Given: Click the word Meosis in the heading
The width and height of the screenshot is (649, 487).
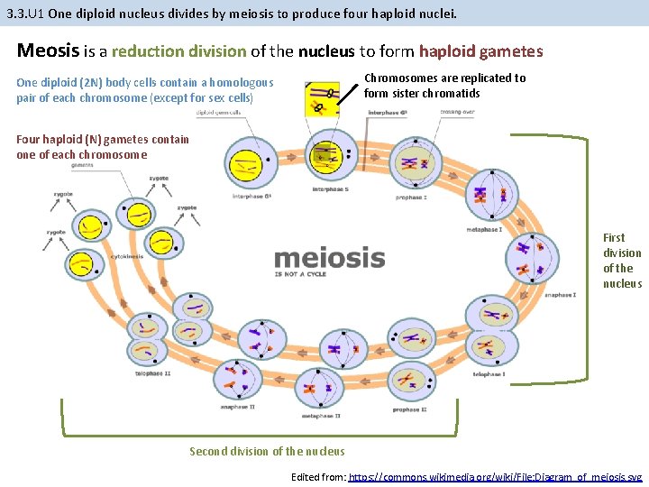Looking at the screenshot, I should tap(49, 51).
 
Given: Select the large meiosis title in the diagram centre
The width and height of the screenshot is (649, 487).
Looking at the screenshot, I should tap(329, 258).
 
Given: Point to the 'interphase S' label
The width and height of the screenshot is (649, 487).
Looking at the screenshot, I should tap(331, 189).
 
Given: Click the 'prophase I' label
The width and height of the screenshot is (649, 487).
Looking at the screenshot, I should tap(410, 197).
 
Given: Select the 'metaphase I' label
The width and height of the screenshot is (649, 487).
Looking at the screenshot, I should tap(484, 229).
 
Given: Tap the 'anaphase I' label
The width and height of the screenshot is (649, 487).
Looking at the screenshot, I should tap(560, 294).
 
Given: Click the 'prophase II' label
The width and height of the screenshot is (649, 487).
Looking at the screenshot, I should tap(407, 409).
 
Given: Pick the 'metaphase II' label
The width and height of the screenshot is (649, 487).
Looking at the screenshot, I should tap(321, 416).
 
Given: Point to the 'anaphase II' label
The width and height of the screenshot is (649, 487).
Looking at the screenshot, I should tap(237, 407).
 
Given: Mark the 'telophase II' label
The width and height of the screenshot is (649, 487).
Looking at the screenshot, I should tap(153, 372).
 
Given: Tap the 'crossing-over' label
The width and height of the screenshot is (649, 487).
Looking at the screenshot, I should tap(458, 113).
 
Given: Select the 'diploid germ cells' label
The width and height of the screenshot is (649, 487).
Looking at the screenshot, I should tap(219, 113).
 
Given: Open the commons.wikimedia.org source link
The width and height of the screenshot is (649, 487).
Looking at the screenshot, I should tap(495, 475).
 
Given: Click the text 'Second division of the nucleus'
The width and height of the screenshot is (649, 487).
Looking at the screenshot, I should tap(267, 451).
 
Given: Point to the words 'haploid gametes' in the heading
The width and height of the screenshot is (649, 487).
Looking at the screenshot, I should tap(480, 51).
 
